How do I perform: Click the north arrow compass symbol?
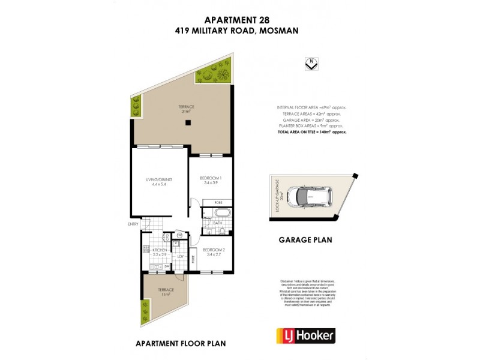(311, 64)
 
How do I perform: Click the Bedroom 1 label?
(211, 179)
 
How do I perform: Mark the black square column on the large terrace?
(188, 123)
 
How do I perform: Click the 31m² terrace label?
(186, 109)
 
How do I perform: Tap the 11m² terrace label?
(165, 292)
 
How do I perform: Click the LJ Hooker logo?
(305, 335)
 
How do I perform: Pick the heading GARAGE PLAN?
(306, 240)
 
